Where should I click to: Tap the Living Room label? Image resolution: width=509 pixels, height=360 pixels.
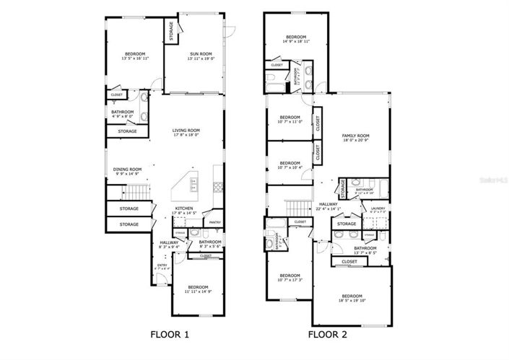185,132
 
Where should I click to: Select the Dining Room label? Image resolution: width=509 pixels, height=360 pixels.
127,171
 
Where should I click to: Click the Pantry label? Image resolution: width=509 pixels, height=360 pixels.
214,223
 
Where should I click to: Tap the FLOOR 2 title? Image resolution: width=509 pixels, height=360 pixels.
328,334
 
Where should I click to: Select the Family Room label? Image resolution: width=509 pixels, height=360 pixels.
355,137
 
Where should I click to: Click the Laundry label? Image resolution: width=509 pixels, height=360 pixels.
378,209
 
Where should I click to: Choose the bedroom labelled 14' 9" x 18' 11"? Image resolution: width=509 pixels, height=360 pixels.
296,39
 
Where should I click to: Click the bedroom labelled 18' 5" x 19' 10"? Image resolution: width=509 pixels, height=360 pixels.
352,299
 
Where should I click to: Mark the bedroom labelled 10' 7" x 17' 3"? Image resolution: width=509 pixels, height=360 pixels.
290,277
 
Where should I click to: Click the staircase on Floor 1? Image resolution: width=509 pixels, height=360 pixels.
135,193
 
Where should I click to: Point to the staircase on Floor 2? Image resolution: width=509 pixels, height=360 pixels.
295,208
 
